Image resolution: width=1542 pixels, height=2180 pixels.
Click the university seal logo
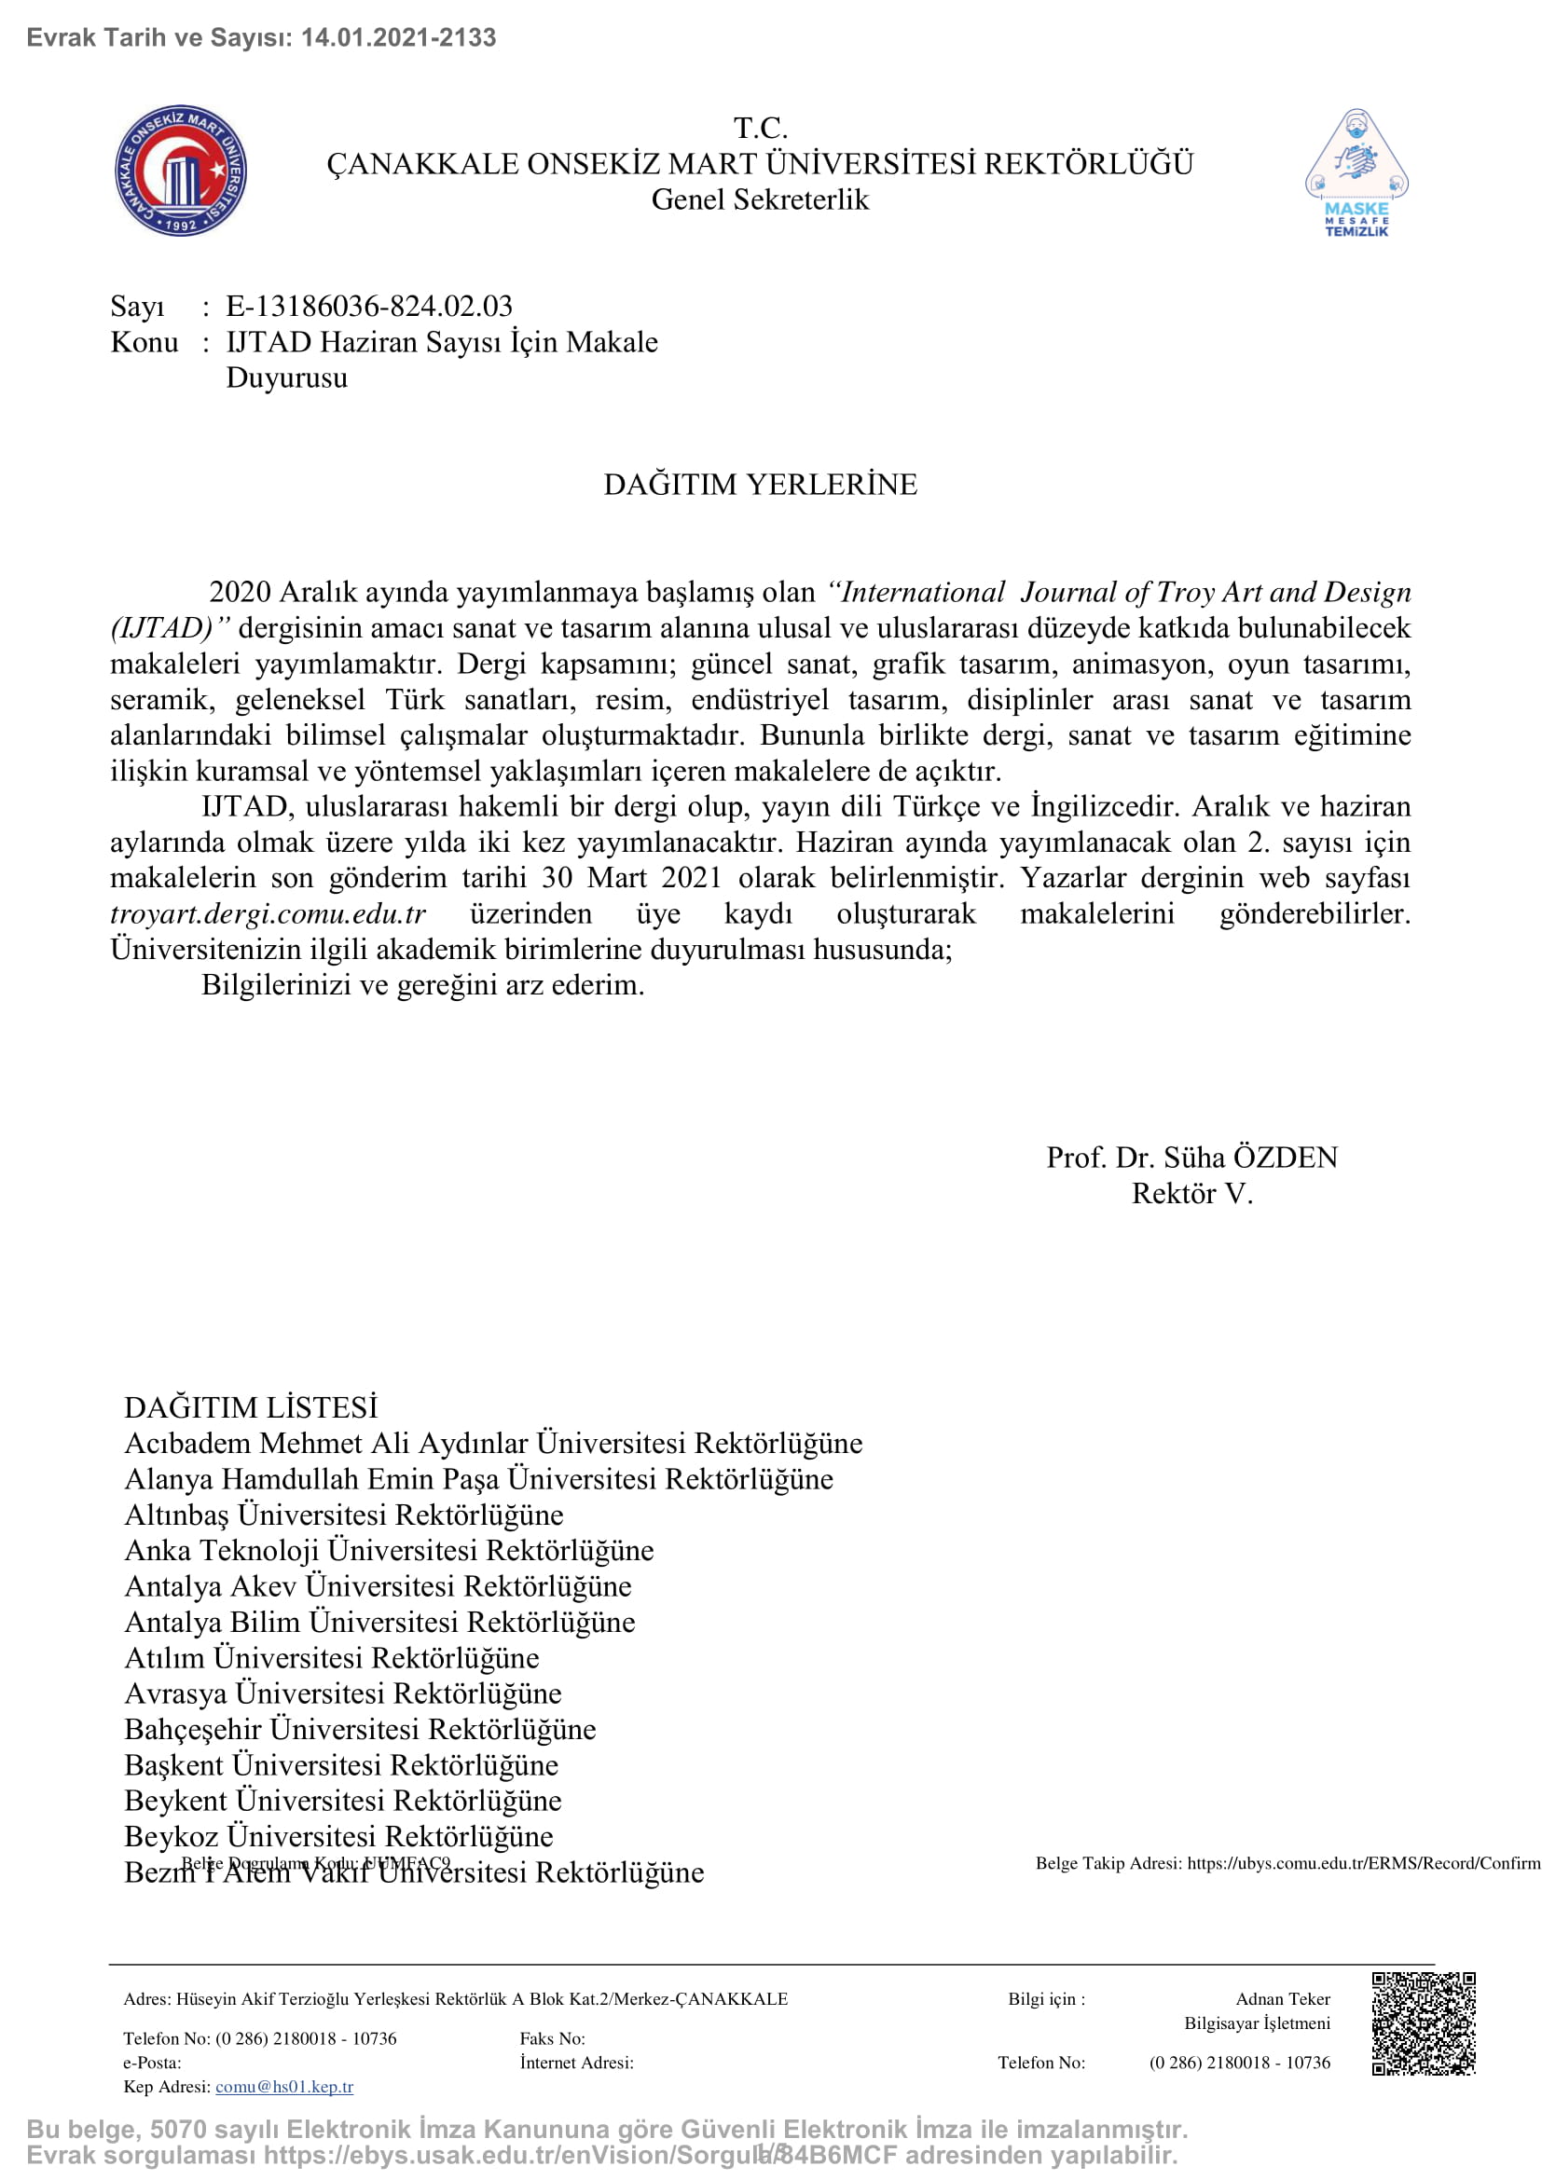(x=181, y=171)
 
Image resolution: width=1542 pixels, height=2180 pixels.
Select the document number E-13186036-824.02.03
(x=368, y=306)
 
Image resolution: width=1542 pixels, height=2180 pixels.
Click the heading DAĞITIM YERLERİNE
(x=761, y=485)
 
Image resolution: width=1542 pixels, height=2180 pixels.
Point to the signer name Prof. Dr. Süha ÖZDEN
(x=1191, y=1158)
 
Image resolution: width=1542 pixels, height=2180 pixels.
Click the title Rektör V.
(x=1191, y=1194)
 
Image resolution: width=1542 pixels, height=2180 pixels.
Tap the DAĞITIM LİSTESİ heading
(x=251, y=1407)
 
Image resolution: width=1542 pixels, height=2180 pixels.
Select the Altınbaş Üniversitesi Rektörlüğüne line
(x=344, y=1515)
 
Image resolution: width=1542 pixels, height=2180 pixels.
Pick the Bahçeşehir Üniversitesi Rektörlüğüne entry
(x=360, y=1729)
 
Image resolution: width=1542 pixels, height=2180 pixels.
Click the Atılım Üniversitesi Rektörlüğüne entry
(x=331, y=1658)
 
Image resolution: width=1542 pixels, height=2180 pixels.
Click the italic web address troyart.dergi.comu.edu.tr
(x=268, y=913)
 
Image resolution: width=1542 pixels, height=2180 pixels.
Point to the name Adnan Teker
(x=1283, y=1998)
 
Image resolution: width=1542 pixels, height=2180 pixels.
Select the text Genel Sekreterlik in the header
(x=760, y=199)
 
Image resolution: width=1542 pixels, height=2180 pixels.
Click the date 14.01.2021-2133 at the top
(x=399, y=38)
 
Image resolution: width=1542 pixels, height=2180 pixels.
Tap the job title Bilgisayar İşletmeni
(x=1257, y=2023)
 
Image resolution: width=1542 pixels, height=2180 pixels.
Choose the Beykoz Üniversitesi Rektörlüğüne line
(x=338, y=1836)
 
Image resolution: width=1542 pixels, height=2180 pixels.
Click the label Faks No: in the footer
(x=553, y=2038)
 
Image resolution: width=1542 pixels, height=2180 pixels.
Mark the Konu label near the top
(x=145, y=342)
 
